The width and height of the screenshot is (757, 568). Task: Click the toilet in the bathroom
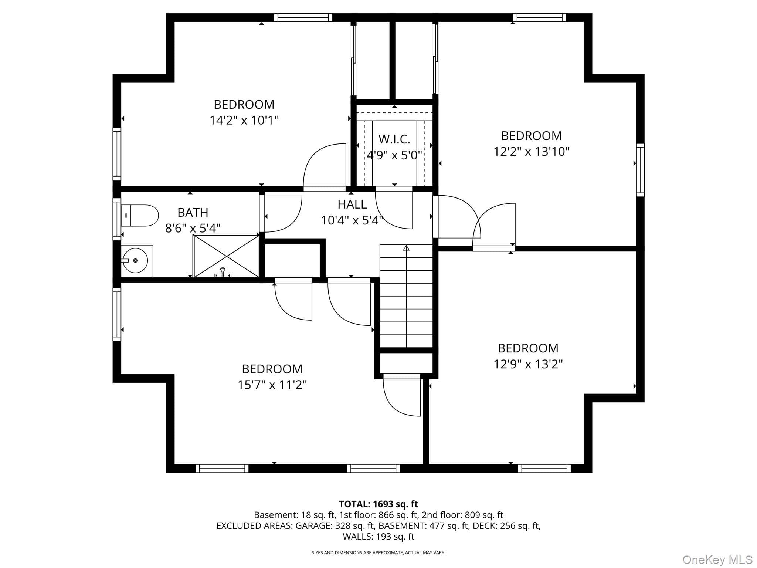(x=140, y=216)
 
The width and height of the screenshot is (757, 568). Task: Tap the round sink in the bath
(x=135, y=260)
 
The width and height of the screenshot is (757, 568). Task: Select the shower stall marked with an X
(x=226, y=256)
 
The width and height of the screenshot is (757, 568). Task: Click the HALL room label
(x=352, y=204)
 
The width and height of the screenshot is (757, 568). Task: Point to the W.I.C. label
(x=394, y=139)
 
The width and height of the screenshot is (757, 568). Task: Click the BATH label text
(x=193, y=212)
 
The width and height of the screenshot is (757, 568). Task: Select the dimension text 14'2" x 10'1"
(x=244, y=120)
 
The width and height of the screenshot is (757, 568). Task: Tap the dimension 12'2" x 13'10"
(x=531, y=152)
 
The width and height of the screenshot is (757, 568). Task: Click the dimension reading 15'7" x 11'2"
(x=272, y=385)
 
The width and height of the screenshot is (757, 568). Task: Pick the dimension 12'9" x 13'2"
(x=528, y=364)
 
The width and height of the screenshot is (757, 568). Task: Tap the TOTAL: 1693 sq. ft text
(x=378, y=504)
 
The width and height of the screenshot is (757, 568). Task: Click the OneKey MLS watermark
(x=717, y=559)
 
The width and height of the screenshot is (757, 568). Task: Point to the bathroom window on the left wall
(x=117, y=219)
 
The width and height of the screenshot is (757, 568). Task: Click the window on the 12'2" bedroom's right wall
(x=640, y=170)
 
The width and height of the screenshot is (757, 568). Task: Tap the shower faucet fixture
(x=223, y=273)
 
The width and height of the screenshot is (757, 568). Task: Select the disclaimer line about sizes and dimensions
(x=378, y=553)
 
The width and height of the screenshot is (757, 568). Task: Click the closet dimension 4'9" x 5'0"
(x=394, y=155)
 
